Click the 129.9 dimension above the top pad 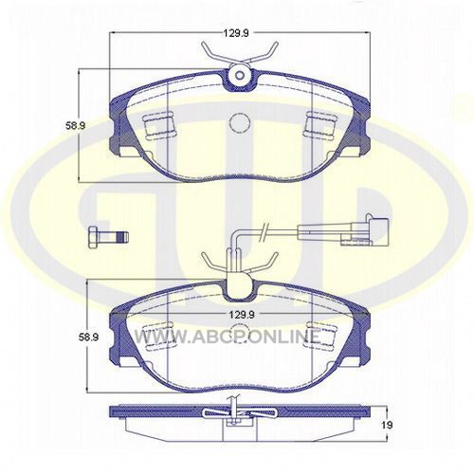236,33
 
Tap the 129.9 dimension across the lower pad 242,315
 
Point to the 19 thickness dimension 387,425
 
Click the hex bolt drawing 108,237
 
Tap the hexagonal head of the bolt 93,237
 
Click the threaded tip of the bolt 122,237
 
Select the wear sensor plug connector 370,230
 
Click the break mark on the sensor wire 264,233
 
